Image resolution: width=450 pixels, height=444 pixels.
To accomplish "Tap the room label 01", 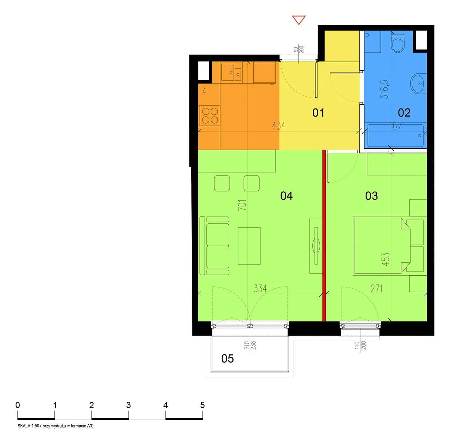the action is pyautogui.click(x=318, y=113).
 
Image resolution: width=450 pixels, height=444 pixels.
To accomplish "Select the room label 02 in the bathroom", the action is pyautogui.click(x=404, y=113).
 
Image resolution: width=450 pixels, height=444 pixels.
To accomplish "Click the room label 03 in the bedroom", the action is pyautogui.click(x=372, y=196).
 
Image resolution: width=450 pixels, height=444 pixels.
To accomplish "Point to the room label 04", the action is pyautogui.click(x=286, y=196).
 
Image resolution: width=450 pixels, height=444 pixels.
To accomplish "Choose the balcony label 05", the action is pyautogui.click(x=228, y=359).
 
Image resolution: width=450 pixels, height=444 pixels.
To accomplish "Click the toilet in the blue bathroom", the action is pyautogui.click(x=398, y=42).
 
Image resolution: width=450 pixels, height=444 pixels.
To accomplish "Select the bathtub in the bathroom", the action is pyautogui.click(x=395, y=135).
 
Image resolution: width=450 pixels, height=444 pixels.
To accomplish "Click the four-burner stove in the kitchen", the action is pyautogui.click(x=210, y=116).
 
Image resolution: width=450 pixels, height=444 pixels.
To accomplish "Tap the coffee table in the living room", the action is pyautogui.click(x=249, y=246).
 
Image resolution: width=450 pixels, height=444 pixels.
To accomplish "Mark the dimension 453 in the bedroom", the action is pyautogui.click(x=386, y=259).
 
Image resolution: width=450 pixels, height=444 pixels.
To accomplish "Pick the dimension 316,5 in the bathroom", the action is pyautogui.click(x=386, y=89).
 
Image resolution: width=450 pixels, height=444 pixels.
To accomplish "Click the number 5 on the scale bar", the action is pyautogui.click(x=202, y=405).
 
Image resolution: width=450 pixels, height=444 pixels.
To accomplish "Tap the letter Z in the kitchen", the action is pyautogui.click(x=204, y=90).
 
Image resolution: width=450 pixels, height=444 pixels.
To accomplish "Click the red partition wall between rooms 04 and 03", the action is pyautogui.click(x=324, y=236).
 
